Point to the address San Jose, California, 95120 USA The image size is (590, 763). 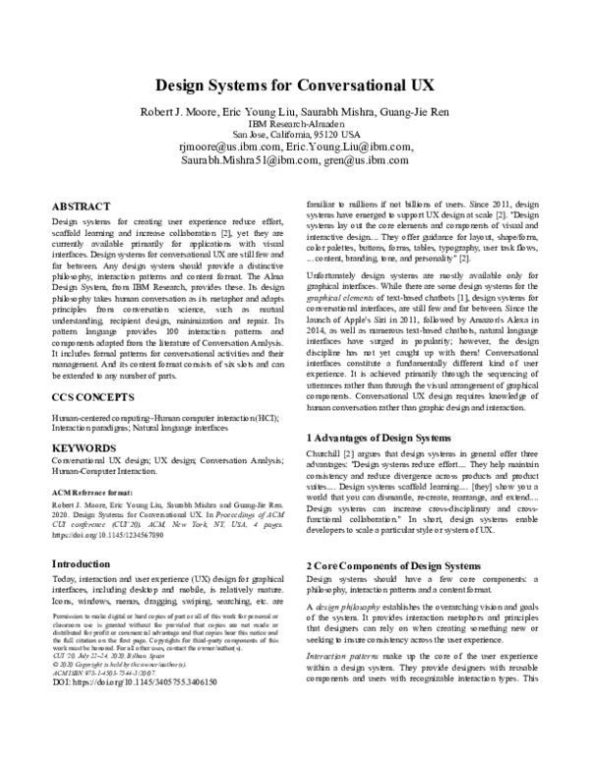tap(294, 133)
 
